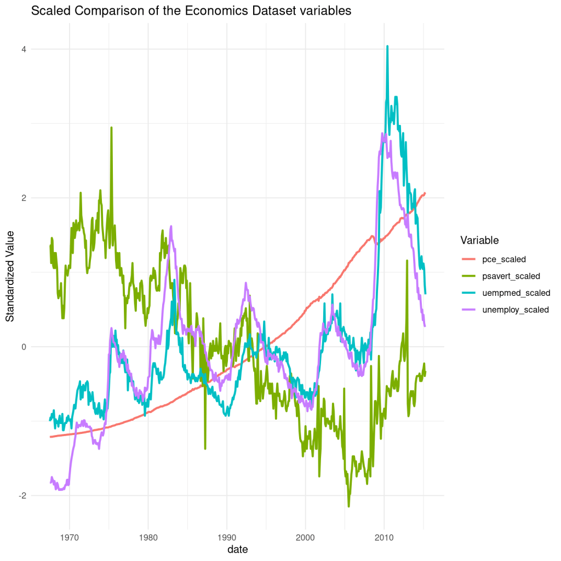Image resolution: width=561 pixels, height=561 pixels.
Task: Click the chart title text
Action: tap(191, 10)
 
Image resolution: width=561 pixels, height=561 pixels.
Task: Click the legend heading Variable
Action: tap(479, 241)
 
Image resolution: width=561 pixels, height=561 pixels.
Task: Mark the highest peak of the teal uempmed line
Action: tap(387, 47)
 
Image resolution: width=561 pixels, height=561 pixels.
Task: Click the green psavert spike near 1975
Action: tap(112, 128)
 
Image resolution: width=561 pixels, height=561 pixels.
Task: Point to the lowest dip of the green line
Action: tap(348, 506)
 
